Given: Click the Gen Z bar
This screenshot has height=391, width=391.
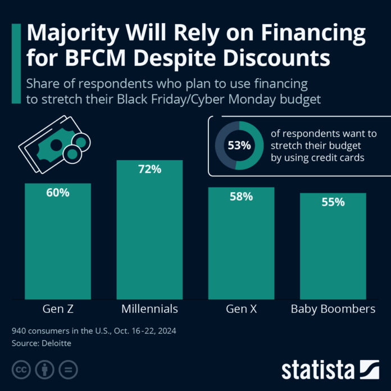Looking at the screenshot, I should tap(58, 242).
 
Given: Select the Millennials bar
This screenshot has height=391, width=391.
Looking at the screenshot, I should tap(149, 230).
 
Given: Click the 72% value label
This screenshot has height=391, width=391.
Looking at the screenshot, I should tap(149, 169).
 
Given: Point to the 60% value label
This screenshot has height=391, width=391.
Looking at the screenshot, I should tap(58, 193).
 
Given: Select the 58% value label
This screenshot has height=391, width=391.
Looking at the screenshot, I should tap(241, 197).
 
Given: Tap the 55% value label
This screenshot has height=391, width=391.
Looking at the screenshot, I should tap(333, 202).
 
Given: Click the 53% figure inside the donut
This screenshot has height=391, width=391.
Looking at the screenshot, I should tap(239, 145).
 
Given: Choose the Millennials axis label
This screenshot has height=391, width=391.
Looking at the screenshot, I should tap(149, 309).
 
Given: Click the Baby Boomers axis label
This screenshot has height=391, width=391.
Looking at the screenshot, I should tap(333, 309).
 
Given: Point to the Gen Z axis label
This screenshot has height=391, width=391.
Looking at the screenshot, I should tap(58, 309).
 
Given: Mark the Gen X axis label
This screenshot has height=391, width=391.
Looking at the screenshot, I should tap(241, 309).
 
